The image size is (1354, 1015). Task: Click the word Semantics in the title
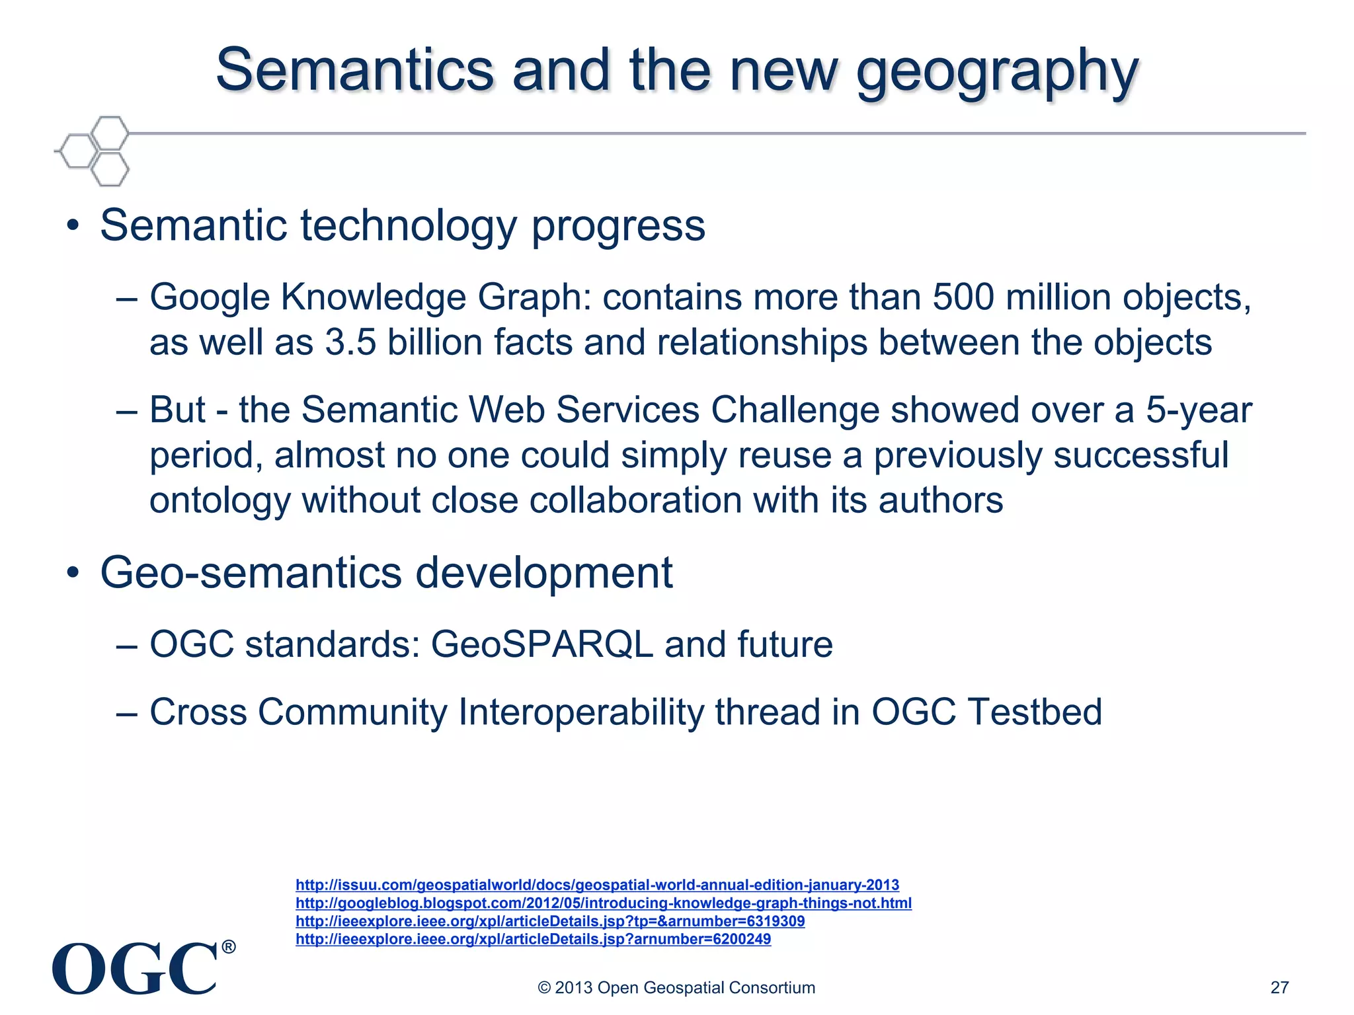pyautogui.click(x=354, y=70)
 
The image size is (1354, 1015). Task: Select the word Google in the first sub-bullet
pyautogui.click(x=210, y=297)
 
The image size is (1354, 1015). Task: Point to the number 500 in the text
pyautogui.click(x=963, y=297)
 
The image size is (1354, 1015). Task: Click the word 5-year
pyautogui.click(x=1199, y=410)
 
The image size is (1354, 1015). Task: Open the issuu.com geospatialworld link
pyautogui.click(x=597, y=885)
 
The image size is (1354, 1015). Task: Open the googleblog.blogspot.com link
pyautogui.click(x=603, y=903)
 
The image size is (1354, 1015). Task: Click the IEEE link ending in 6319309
pyautogui.click(x=550, y=921)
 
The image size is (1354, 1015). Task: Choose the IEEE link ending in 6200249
pyautogui.click(x=533, y=939)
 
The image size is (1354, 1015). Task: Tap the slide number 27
pyautogui.click(x=1279, y=987)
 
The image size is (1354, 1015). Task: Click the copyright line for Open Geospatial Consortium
pyautogui.click(x=676, y=987)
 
